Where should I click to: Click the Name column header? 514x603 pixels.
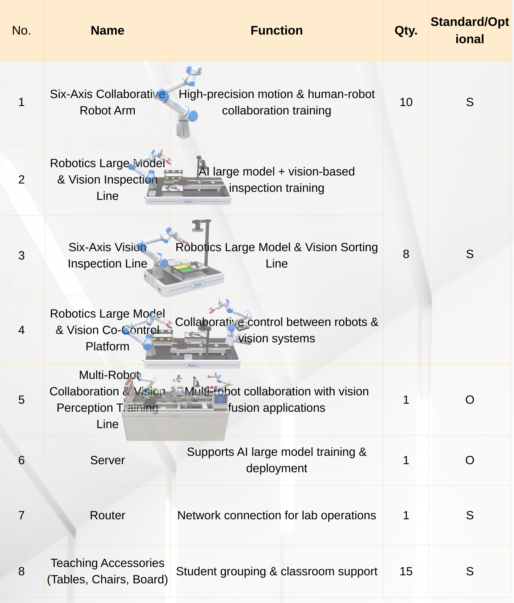click(x=107, y=30)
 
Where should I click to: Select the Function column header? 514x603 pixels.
click(x=277, y=30)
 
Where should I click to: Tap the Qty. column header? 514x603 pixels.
click(x=406, y=31)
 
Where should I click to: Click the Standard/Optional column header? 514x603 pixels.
click(x=470, y=30)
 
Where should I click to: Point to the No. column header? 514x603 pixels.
click(x=21, y=30)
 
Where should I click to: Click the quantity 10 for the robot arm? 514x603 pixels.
click(x=406, y=102)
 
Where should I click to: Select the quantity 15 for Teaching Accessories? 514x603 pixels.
click(x=406, y=571)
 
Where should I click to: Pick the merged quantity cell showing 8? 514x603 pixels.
click(x=406, y=254)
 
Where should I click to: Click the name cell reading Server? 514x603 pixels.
click(x=107, y=460)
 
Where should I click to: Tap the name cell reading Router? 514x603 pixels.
click(x=107, y=515)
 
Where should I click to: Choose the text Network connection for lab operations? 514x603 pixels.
click(x=277, y=515)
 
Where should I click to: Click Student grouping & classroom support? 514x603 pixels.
click(x=277, y=571)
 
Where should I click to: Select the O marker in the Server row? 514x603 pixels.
click(x=470, y=460)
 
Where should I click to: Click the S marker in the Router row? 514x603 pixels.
click(x=470, y=515)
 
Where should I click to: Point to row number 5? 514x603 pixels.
click(x=21, y=400)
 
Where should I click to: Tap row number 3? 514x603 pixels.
click(x=21, y=256)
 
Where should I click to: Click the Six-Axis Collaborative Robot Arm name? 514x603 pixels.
click(x=107, y=102)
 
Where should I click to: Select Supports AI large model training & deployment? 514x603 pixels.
click(x=277, y=460)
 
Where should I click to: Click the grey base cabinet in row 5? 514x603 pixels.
click(x=175, y=426)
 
